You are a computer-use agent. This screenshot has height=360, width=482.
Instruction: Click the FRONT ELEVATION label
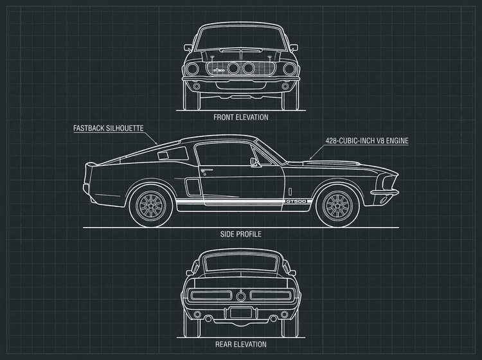point(241,118)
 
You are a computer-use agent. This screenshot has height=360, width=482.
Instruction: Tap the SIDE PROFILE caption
point(241,235)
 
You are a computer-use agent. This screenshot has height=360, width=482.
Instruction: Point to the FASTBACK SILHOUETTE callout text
point(108,129)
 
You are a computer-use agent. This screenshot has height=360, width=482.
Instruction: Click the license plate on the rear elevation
point(241,312)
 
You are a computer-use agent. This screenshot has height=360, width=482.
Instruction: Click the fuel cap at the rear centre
point(241,295)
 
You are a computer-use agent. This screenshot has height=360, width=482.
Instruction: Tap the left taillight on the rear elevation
point(209,295)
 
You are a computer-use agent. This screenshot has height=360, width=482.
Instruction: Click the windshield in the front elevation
point(241,39)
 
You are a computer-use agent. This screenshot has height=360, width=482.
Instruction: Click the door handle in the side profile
point(206,170)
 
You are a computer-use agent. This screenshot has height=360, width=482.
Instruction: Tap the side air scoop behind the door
point(191,187)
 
